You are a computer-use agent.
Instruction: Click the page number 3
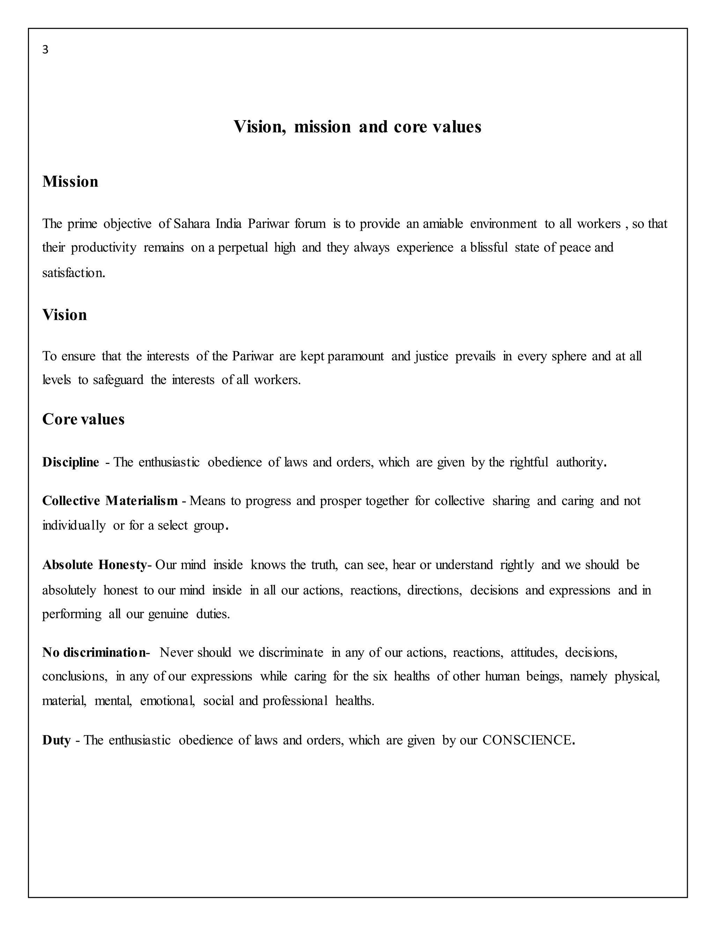[45, 50]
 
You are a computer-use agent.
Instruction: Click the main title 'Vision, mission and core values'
[357, 127]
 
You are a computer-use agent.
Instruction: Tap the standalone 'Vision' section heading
[64, 315]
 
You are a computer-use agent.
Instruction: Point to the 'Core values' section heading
[83, 419]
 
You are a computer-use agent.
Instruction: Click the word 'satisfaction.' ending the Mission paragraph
[74, 273]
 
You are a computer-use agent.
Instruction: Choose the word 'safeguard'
[118, 380]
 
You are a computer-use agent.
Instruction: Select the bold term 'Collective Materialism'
[110, 501]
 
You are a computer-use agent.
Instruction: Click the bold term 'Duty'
[56, 740]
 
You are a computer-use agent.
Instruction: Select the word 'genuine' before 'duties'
[168, 614]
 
